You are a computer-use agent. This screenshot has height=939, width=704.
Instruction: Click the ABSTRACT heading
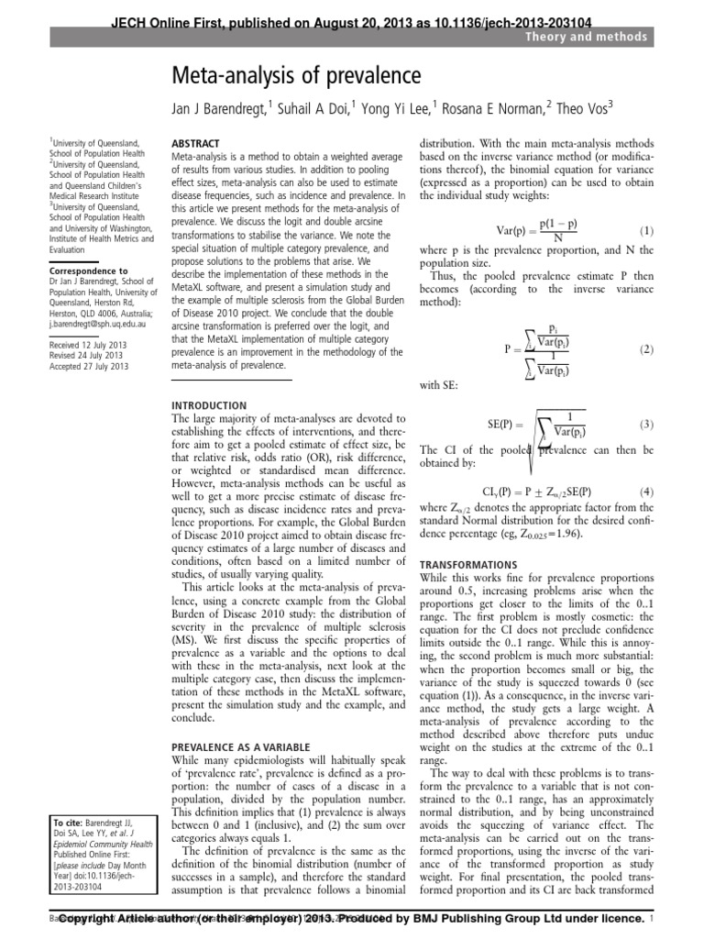tap(196, 144)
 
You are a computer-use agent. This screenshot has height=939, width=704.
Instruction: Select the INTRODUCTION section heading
tap(209, 404)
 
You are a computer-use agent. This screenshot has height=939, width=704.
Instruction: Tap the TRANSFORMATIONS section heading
tap(467, 564)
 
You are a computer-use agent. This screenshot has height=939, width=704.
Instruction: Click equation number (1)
tap(645, 232)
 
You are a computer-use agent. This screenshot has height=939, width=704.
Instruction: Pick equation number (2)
tap(645, 349)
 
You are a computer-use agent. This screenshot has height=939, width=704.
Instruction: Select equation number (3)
tap(645, 425)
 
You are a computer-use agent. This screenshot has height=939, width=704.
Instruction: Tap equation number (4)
tap(645, 492)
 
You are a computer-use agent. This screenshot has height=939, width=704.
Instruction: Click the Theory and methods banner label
tap(598, 37)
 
